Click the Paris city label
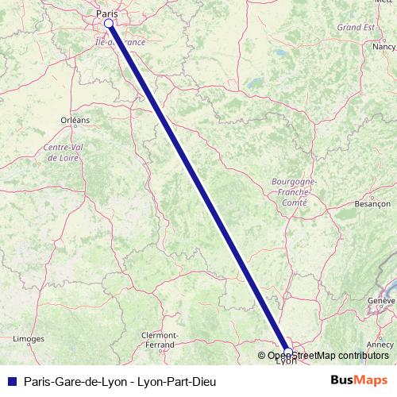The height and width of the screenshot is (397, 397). click(106, 13)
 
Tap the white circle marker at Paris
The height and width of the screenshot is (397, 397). click(109, 24)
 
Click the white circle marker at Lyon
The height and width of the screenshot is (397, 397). click(288, 352)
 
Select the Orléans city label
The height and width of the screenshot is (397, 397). click(75, 120)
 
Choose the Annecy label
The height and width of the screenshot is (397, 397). click(380, 345)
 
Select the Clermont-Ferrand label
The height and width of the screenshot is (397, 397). click(159, 340)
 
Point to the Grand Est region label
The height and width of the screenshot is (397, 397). click(355, 27)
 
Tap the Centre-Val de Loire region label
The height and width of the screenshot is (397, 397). click(69, 152)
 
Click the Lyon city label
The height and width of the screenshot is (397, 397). click(286, 362)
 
